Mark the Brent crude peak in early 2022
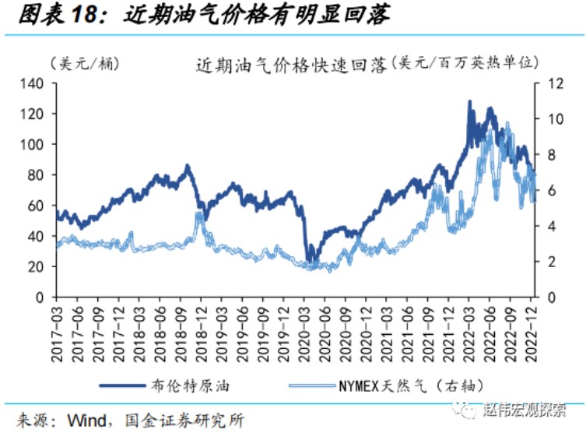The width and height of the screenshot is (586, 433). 469,102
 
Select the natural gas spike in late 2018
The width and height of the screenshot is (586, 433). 198,215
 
